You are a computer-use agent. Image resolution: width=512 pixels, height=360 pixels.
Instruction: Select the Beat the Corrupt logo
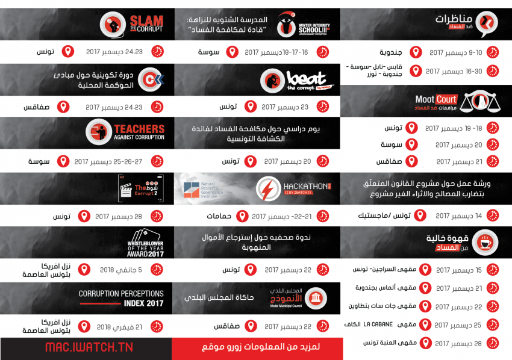(298, 81)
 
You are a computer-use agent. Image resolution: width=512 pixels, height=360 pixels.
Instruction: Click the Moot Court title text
(437, 99)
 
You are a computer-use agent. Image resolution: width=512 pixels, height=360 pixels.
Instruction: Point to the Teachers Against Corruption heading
(139, 132)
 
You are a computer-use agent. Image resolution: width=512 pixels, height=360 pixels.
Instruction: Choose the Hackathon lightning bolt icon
(266, 189)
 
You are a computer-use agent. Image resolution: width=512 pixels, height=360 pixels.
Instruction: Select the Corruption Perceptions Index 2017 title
(121, 299)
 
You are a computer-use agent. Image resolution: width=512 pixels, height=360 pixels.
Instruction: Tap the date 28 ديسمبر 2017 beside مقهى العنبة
(449, 343)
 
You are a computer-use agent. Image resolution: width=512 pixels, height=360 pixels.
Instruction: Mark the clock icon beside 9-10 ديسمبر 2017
(493, 52)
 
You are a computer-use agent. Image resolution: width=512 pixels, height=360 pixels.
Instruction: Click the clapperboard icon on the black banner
(128, 190)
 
